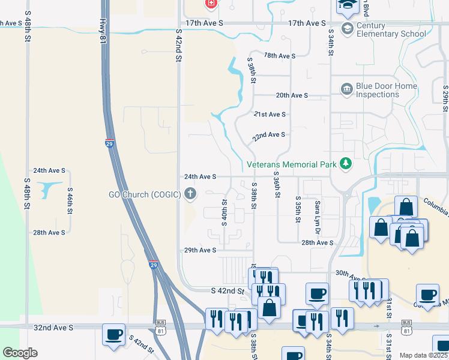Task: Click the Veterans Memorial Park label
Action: coord(291,164)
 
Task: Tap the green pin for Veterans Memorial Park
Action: coord(345,163)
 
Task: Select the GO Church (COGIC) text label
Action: coord(145,194)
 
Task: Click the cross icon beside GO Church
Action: coord(190,193)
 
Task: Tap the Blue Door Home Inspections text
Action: coord(387,90)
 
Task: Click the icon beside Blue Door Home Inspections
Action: coord(346,89)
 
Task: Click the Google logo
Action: coord(20,353)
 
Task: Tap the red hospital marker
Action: coord(211,4)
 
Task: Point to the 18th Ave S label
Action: coord(279,56)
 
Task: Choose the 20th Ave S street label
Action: coord(292,95)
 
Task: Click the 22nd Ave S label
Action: coord(268,136)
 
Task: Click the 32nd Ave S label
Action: coord(54,328)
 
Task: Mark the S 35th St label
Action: coord(297,209)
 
